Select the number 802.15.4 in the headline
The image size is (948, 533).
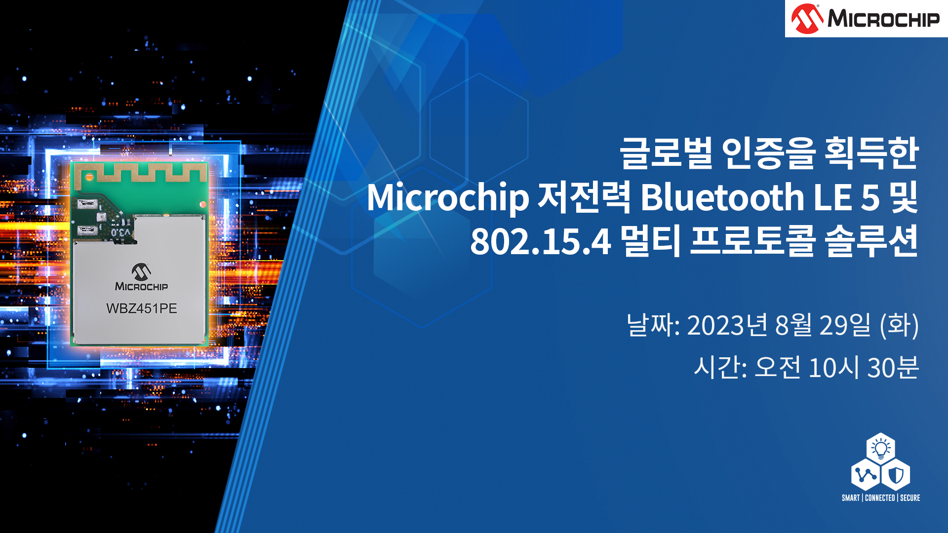pos(540,242)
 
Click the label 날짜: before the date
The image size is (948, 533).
pos(653,325)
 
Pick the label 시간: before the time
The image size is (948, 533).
pos(720,368)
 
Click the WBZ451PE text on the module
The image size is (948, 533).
pos(141,308)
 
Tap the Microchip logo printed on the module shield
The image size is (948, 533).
pos(141,277)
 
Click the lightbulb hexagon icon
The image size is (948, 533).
pos(880,448)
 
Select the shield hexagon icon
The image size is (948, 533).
pos(895,475)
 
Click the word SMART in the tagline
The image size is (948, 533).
pos(851,498)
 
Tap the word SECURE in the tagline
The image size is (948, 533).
pos(910,498)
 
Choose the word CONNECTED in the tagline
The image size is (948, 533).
pos(880,498)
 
